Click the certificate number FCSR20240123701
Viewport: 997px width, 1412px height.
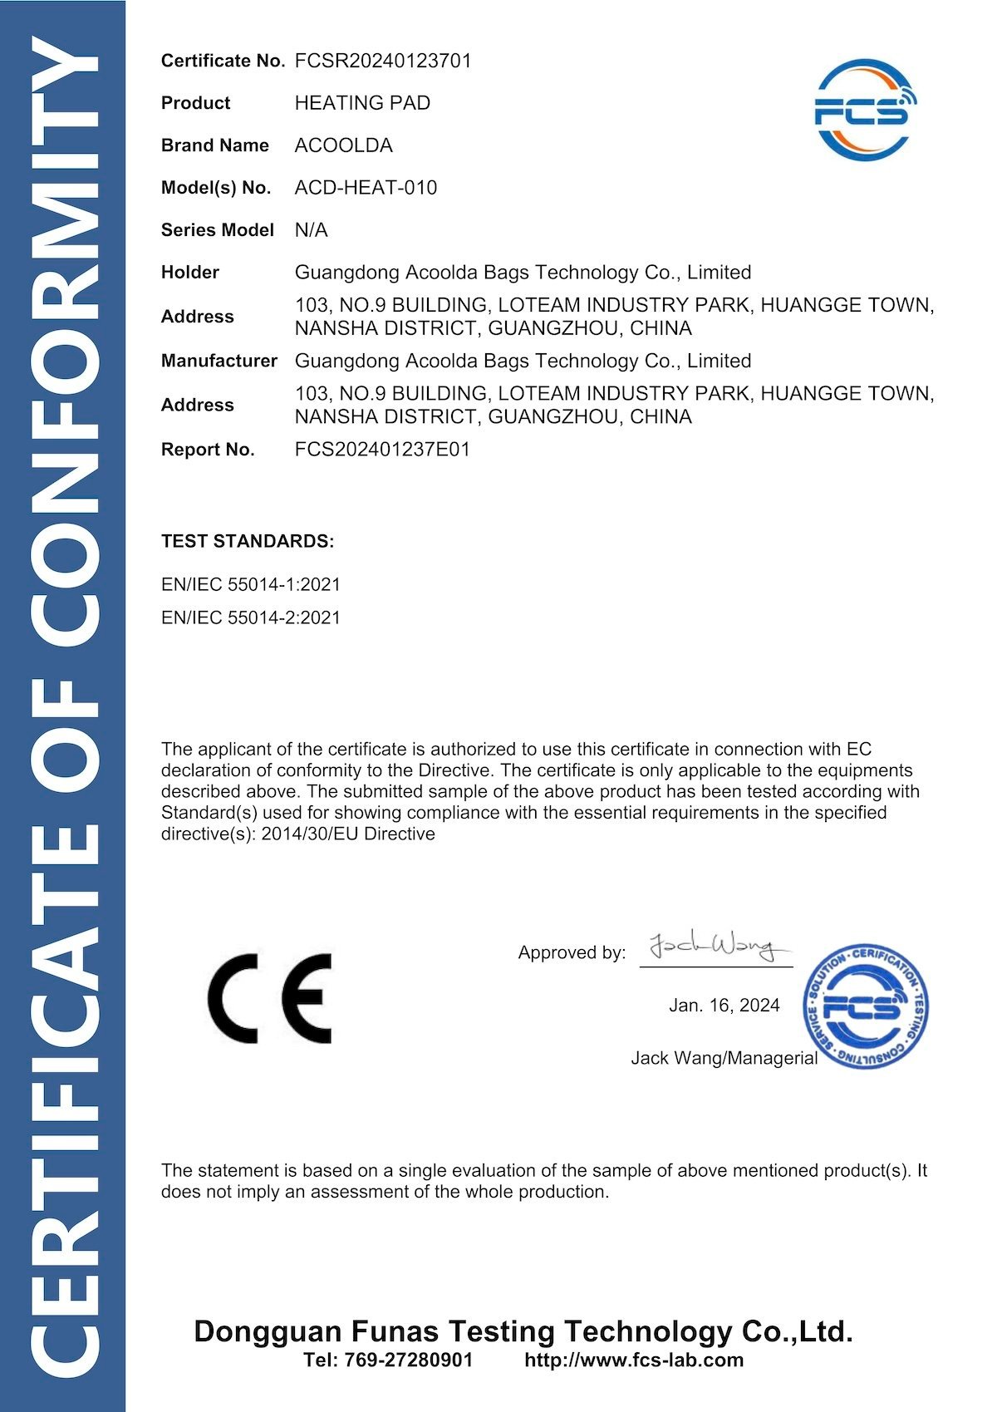pos(383,61)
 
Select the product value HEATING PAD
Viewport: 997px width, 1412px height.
pos(362,103)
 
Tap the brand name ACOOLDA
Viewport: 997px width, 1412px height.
pos(343,145)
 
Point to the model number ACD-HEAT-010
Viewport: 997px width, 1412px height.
pos(366,188)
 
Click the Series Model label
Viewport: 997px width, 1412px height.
pos(217,230)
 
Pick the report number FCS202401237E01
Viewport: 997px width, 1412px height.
pos(382,450)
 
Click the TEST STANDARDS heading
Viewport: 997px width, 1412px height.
pos(248,542)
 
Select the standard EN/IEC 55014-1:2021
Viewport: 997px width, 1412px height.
pos(251,584)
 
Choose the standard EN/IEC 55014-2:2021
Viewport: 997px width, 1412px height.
pos(251,617)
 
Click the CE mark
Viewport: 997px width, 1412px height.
pos(269,998)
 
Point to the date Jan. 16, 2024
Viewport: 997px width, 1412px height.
pos(724,1006)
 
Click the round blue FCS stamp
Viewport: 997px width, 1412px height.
pos(865,1006)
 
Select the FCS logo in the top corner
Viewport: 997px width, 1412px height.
pos(863,109)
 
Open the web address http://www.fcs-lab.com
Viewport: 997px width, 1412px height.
pos(634,1360)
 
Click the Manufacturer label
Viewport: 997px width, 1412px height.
pos(219,361)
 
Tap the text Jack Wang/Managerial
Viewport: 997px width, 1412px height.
pos(724,1058)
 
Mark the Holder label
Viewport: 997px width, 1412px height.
pos(190,273)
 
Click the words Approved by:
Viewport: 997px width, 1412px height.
pos(572,952)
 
